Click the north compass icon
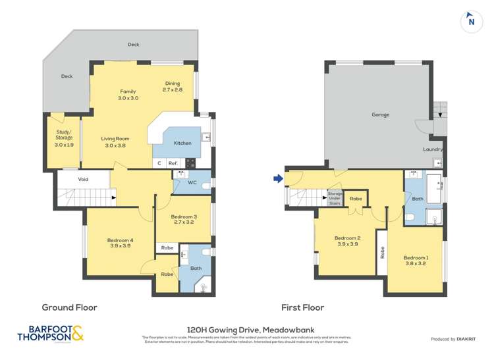click(470, 20)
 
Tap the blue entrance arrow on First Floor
click(279, 178)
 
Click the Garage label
click(380, 115)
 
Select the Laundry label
click(433, 149)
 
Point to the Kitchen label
click(182, 143)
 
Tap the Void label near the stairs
click(83, 179)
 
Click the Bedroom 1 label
click(416, 257)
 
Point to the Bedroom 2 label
click(347, 238)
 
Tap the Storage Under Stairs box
click(335, 196)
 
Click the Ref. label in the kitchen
click(173, 163)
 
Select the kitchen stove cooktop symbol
click(190, 163)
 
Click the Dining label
click(173, 83)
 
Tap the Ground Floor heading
click(69, 307)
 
